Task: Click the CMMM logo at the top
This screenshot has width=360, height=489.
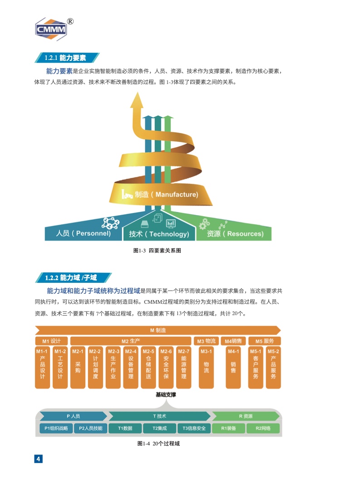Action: coord(53,29)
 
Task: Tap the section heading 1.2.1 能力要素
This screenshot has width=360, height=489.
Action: coord(65,58)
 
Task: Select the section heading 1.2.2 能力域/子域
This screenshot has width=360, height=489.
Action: coord(71,277)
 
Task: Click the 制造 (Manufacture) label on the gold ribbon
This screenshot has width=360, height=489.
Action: coord(166,195)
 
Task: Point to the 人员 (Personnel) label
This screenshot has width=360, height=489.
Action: coord(83,233)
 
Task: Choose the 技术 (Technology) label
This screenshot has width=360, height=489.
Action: coord(159,234)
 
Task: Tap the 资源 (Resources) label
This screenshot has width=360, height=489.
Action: coord(235,233)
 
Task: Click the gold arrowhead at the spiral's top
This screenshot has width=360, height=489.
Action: coord(137,100)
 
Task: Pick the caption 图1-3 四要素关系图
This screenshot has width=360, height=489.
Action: coord(157,251)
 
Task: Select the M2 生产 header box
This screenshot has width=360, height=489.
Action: coord(131,341)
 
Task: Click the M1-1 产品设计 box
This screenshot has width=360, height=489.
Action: coord(42,367)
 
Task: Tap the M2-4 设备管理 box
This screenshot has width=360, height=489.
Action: coord(131,367)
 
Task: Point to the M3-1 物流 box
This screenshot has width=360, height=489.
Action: coord(207,367)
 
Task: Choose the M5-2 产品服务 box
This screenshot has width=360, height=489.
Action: coord(273,367)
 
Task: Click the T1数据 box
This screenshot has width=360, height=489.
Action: coord(125,428)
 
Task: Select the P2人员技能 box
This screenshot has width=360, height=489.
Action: coord(91,428)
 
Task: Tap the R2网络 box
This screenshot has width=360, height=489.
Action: coord(263,428)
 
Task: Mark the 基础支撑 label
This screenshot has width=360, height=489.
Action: coord(166,395)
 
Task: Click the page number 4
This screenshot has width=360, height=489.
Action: coord(38,459)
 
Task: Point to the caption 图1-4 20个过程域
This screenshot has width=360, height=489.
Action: coord(158,444)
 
